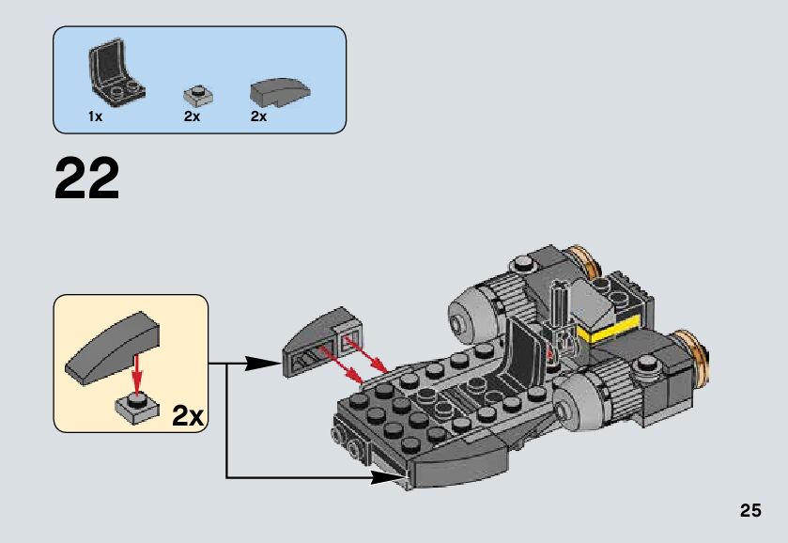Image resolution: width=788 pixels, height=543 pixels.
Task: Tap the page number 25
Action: [x=749, y=511]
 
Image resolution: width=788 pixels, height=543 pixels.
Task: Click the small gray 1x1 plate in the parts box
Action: [x=197, y=94]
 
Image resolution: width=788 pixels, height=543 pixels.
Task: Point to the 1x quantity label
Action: [x=95, y=116]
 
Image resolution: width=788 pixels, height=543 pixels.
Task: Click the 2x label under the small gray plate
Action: [x=193, y=116]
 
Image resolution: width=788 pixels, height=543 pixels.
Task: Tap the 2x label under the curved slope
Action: [x=259, y=116]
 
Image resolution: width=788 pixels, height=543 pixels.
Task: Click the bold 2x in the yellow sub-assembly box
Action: [x=188, y=416]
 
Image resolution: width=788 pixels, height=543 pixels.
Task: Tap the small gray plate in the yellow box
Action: [x=135, y=406]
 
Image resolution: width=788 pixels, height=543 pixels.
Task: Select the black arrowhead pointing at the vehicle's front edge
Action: [x=383, y=477]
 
